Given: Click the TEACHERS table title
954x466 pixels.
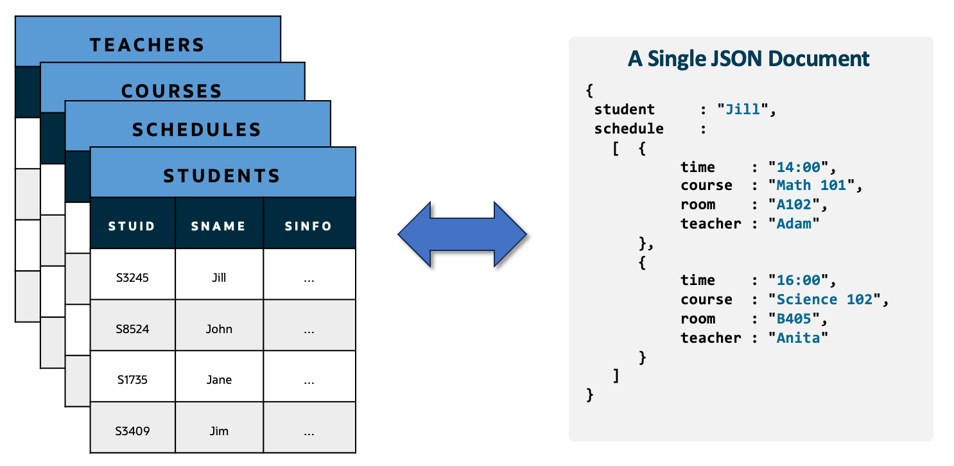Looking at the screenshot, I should pos(147,45).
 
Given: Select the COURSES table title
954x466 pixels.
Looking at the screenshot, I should pos(171,91).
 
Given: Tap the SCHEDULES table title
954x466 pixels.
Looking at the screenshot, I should pos(197,130).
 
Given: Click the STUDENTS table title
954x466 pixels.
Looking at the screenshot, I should pos(222,175).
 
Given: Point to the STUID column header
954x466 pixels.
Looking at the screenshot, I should pos(132,226).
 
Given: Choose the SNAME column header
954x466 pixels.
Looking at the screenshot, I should pos(219,226).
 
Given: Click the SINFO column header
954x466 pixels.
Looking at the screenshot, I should pos(309,226).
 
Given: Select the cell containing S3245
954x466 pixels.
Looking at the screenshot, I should pos(132,278).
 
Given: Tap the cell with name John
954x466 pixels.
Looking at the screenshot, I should pos(219,329).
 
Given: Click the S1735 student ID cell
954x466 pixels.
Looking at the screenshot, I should pos(132,379).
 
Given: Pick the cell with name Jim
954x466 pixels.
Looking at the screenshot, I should pos(219,431).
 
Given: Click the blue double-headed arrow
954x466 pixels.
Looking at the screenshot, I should pos(462,234).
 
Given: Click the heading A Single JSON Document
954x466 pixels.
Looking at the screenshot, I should pos(749,59).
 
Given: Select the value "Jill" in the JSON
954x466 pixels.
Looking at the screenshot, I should pos(743,109).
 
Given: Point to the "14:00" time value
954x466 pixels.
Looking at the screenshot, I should pos(799,168).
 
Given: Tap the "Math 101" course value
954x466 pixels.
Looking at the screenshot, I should pos(811,186).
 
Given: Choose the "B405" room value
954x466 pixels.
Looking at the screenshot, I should pos(794,319).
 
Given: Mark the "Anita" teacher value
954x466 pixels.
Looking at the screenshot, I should pos(798,338).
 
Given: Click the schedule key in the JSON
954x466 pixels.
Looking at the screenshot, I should pos(629,128).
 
